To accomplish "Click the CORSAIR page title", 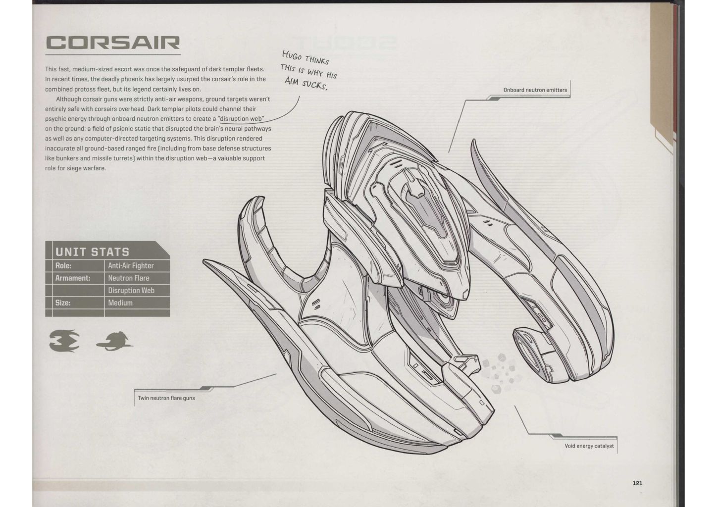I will (112, 43).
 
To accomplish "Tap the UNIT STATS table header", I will (92, 252).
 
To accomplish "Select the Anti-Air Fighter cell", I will (131, 266).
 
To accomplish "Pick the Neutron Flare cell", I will (129, 278).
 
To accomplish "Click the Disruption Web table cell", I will (131, 291).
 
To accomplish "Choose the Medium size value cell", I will (120, 303).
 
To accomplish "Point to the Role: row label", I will (63, 266).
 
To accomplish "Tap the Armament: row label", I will (73, 278).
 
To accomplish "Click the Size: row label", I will (63, 303).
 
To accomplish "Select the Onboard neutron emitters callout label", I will (535, 90).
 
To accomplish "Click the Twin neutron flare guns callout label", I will (166, 398).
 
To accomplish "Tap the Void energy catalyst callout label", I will (589, 446).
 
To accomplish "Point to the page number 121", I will (637, 483).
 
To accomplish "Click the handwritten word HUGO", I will (291, 55).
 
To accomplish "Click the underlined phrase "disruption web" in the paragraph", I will (241, 119).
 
